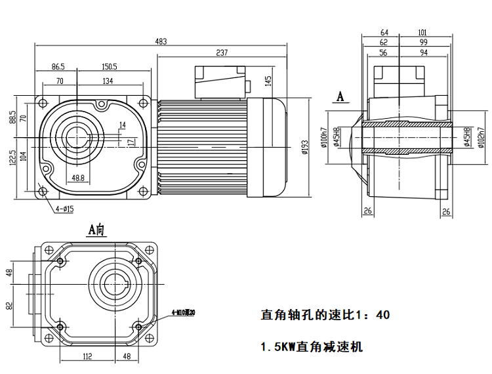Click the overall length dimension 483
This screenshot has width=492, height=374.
tap(161, 41)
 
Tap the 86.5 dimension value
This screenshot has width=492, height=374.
tap(58, 66)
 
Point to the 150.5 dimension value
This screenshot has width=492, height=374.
tap(109, 66)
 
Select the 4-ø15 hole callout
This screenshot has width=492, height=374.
tap(65, 209)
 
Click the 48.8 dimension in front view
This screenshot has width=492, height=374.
tap(77, 178)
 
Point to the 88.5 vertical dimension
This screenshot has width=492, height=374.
tap(12, 117)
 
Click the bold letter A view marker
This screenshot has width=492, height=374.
tap(340, 96)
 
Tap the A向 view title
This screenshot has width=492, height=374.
tap(96, 230)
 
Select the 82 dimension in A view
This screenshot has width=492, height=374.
tap(10, 306)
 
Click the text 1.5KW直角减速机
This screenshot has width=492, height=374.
tap(312, 346)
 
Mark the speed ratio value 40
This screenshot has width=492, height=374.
tap(383, 315)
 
